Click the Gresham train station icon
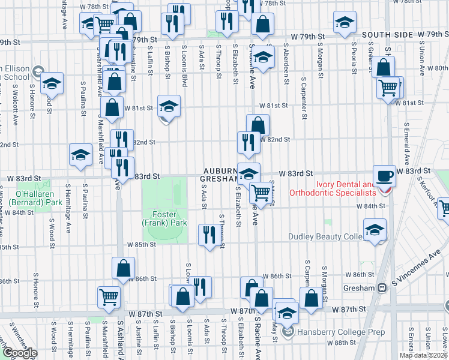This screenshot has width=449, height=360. point(381,288)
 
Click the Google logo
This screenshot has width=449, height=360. point(20,353)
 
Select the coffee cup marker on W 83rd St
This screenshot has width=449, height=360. point(384,176)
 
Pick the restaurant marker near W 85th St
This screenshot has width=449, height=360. point(209,234)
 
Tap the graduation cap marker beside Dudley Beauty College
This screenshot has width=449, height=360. point(375,230)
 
